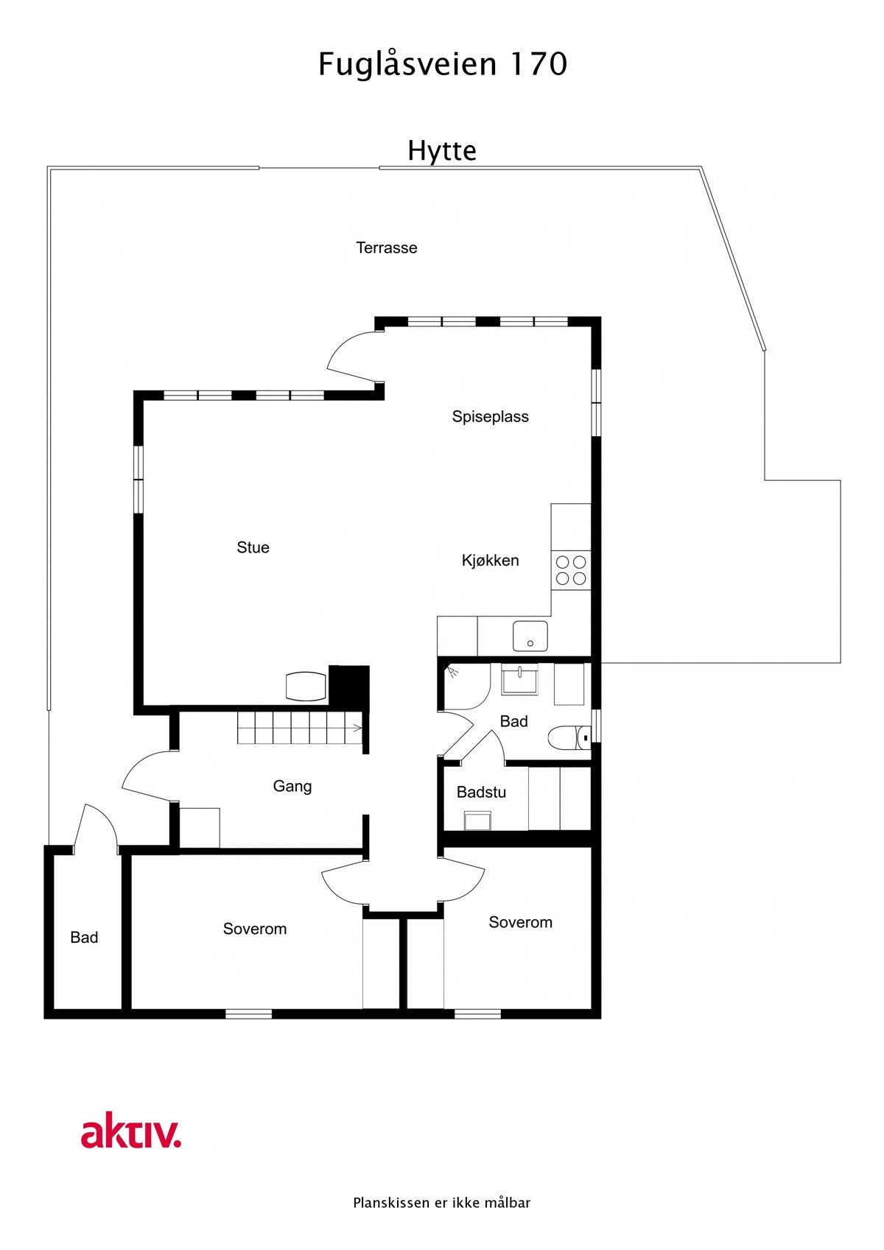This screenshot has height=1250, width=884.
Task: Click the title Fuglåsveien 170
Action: (442, 65)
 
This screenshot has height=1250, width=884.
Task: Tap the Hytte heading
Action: (442, 151)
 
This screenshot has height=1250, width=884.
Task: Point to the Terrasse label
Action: (387, 248)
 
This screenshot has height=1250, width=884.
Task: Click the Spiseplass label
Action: (490, 417)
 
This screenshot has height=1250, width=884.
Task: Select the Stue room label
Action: (253, 548)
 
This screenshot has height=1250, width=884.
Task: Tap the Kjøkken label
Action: (490, 561)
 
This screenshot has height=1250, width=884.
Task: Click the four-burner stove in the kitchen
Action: (571, 570)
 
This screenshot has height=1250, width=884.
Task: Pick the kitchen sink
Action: (530, 636)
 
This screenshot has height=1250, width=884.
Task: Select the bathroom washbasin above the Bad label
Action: (519, 679)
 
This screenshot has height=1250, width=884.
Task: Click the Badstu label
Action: (481, 793)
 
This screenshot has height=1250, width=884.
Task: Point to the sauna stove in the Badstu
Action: (477, 820)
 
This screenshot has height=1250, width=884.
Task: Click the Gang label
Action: (292, 787)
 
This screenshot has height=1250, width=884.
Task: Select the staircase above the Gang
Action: (301, 728)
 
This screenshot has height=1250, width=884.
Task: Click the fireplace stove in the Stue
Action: (306, 687)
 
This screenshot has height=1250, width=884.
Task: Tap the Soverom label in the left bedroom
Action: (255, 930)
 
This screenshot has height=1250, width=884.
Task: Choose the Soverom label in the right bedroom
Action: (520, 923)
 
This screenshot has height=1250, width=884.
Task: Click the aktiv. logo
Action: (131, 1134)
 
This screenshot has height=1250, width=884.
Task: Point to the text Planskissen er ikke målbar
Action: (442, 1203)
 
